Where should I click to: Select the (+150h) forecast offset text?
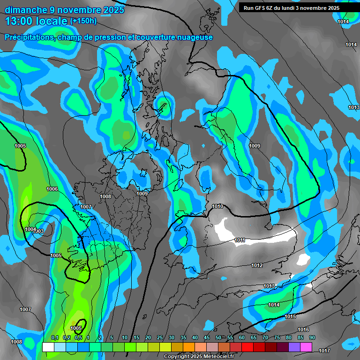point(83,21)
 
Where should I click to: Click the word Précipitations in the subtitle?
point(30,37)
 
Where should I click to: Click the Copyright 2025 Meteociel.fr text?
point(198,356)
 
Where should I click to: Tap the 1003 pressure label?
point(38,231)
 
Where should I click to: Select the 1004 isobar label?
point(30,229)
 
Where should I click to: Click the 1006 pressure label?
point(52,189)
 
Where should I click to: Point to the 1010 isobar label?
point(217,206)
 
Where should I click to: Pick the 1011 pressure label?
point(240,240)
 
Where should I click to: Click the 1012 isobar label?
point(257,265)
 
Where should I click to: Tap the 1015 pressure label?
point(290,317)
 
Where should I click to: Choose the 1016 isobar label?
point(303,330)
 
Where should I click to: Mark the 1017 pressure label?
point(324,350)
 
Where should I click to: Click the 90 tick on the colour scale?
point(312,338)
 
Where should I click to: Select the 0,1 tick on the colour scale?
point(55,338)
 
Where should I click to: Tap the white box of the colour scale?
point(48,347)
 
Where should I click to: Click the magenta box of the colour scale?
point(306,347)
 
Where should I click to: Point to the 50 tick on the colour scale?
point(218,338)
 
